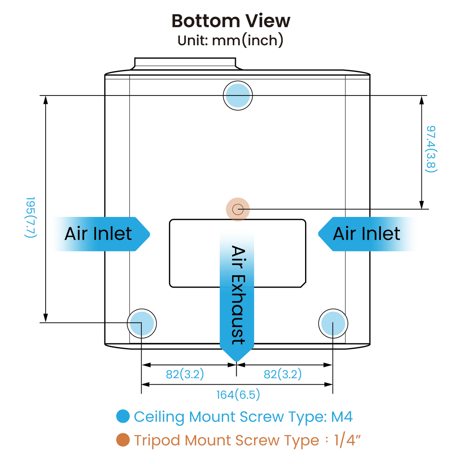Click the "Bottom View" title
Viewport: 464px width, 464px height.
click(x=231, y=21)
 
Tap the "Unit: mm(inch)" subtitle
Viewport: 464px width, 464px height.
click(x=230, y=40)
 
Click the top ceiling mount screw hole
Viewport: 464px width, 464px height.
click(x=238, y=96)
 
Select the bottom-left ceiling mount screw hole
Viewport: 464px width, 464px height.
click(x=142, y=323)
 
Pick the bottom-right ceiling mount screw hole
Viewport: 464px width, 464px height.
click(x=333, y=323)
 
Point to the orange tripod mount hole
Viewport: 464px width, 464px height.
click(x=238, y=209)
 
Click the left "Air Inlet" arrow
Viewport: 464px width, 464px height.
click(x=101, y=234)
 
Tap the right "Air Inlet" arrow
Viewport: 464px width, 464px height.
click(x=367, y=234)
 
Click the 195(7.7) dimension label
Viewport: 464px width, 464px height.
click(x=31, y=217)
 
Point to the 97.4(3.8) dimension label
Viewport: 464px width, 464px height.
click(x=431, y=149)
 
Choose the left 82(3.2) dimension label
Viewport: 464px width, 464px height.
click(x=185, y=374)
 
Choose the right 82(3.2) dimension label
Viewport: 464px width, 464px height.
click(x=283, y=374)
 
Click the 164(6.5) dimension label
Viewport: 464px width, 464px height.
click(x=238, y=395)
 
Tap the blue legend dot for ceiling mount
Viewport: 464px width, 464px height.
click(x=123, y=416)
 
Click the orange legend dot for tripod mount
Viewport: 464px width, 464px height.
click(x=123, y=440)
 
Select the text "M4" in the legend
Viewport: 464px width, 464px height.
click(x=342, y=416)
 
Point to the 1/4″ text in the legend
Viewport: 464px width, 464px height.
click(x=347, y=440)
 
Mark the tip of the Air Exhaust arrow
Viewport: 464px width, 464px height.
click(x=237, y=362)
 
